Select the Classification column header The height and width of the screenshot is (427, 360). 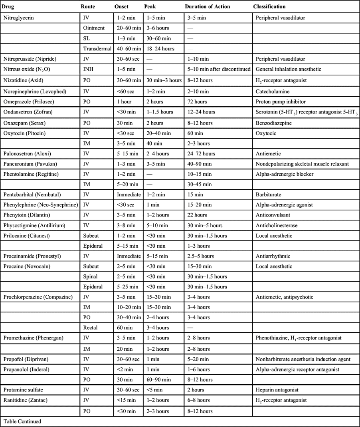[x=269, y=7]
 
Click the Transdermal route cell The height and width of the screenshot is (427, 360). [x=96, y=48]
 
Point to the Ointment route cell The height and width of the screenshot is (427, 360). [x=94, y=28]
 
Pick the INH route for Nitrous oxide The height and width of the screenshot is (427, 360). [x=89, y=69]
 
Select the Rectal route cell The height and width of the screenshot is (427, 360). [x=91, y=328]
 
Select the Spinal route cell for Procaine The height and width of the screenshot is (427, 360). [x=91, y=276]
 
